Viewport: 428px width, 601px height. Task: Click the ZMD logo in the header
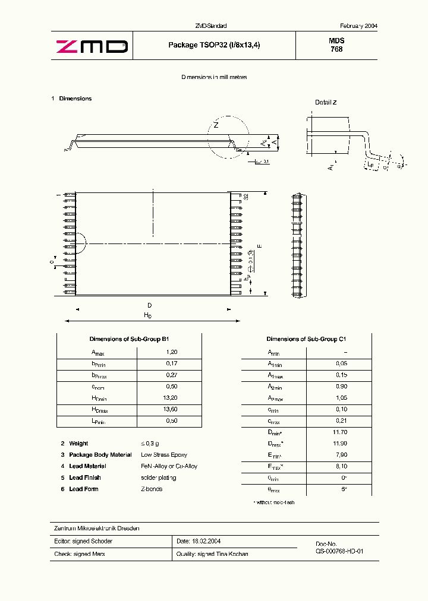click(92, 46)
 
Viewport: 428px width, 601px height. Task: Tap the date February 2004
click(358, 26)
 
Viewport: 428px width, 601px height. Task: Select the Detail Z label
click(326, 102)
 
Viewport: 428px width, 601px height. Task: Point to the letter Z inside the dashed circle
click(217, 125)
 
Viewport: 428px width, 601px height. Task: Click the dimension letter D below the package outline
click(150, 305)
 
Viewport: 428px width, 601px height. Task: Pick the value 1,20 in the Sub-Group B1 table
click(172, 352)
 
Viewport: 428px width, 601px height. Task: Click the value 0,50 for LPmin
click(172, 421)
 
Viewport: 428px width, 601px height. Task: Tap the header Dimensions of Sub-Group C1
click(306, 339)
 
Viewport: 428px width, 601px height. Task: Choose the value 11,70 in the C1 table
click(340, 432)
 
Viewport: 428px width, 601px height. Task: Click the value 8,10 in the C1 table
click(341, 466)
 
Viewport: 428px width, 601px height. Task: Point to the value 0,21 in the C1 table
click(341, 420)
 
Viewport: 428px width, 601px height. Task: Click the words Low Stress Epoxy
click(164, 455)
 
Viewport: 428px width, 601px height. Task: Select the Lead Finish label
click(85, 477)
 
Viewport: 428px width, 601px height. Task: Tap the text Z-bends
click(152, 489)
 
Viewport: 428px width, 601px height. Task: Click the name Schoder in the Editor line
click(101, 541)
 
